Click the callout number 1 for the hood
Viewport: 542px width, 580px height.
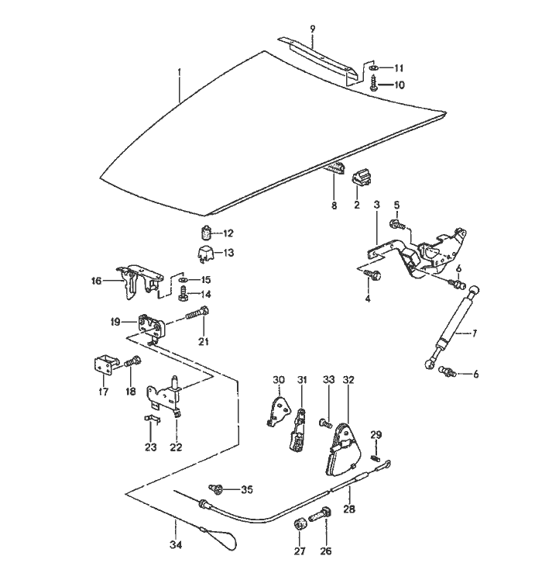point(179,72)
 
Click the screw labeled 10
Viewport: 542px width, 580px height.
point(373,85)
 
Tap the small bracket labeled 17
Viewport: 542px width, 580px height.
point(103,364)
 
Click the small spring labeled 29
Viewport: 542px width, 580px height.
point(376,458)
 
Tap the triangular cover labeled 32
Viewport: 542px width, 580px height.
point(341,451)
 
